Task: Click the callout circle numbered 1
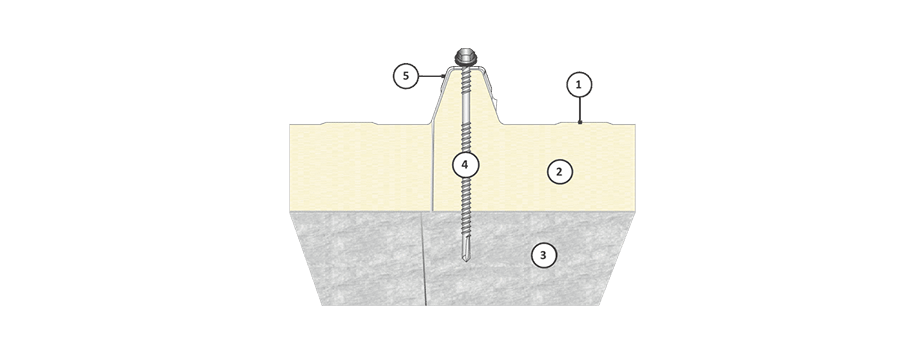tap(579, 85)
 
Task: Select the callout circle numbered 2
tap(559, 171)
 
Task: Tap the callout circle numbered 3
tap(543, 255)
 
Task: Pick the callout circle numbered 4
tap(465, 165)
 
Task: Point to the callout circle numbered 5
tap(406, 76)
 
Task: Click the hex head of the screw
tap(465, 57)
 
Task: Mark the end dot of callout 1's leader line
tap(580, 122)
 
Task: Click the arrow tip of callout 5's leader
tap(443, 76)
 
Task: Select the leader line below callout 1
tap(579, 109)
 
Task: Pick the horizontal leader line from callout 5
tap(430, 76)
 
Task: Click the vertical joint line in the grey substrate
tap(424, 259)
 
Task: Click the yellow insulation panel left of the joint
tap(360, 168)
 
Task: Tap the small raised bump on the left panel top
tap(347, 123)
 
